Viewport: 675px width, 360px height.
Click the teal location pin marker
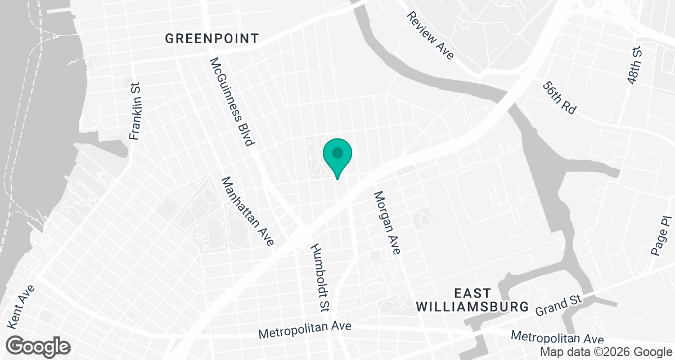tap(337, 157)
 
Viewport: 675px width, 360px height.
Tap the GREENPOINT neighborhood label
tap(212, 38)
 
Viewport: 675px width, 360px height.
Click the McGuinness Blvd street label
tap(231, 102)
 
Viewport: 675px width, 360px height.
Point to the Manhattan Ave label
tap(247, 211)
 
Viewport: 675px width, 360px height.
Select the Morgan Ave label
tap(387, 223)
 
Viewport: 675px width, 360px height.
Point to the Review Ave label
tap(431, 35)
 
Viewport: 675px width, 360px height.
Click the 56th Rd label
tap(560, 98)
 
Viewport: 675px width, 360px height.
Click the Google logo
tap(38, 345)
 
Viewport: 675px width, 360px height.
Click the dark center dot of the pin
tap(337, 152)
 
